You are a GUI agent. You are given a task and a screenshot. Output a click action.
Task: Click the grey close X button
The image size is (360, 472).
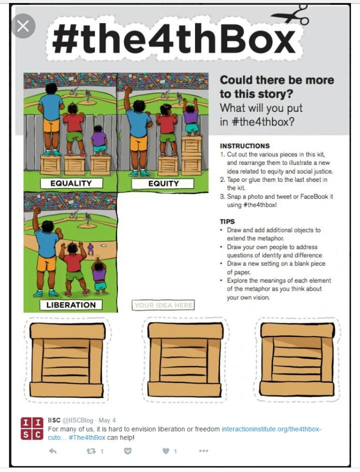click(x=23, y=26)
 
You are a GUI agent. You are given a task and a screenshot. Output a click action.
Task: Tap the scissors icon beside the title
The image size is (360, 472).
click(x=290, y=15)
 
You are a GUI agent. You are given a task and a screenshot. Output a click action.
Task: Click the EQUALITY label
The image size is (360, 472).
click(x=71, y=183)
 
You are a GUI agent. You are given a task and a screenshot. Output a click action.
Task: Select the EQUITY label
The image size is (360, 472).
click(x=162, y=183)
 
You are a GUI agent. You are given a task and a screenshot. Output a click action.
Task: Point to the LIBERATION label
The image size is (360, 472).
click(x=71, y=305)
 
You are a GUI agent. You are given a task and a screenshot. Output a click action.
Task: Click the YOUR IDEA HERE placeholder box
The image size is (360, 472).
click(x=163, y=305)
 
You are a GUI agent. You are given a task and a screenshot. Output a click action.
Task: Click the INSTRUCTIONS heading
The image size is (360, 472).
click(x=244, y=146)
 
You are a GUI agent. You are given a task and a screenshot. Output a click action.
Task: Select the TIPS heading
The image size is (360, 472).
click(x=227, y=222)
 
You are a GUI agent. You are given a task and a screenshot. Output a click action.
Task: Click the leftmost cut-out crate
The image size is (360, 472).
click(x=67, y=360)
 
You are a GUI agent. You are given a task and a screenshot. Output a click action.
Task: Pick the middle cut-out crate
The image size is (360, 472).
click(x=185, y=360)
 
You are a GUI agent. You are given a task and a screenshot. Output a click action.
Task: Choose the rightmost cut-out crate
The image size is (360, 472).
click(x=297, y=359)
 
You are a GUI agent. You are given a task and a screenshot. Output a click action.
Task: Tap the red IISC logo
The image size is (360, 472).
click(x=31, y=429)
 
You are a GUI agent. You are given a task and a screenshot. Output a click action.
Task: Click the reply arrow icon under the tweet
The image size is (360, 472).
click(x=52, y=451)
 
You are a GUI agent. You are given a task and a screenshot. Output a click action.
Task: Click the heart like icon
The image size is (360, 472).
click(x=165, y=451)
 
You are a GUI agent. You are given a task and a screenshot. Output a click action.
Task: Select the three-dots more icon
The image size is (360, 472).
click(x=203, y=451)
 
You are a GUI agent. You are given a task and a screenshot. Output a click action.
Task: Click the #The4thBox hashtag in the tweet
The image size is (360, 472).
click(x=87, y=438)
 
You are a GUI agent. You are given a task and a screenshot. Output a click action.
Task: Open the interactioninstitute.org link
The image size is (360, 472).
click(x=271, y=429)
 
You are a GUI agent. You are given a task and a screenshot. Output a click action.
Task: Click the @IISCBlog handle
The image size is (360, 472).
click(x=77, y=420)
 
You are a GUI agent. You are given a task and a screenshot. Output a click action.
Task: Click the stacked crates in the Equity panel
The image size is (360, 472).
click(x=191, y=156)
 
